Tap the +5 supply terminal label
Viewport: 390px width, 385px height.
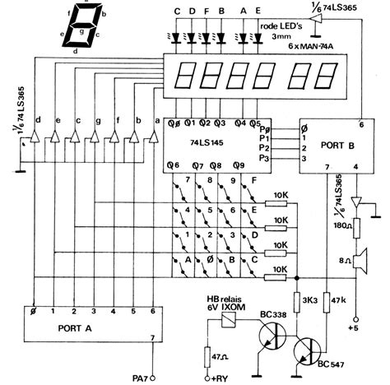click(x=356, y=331)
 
